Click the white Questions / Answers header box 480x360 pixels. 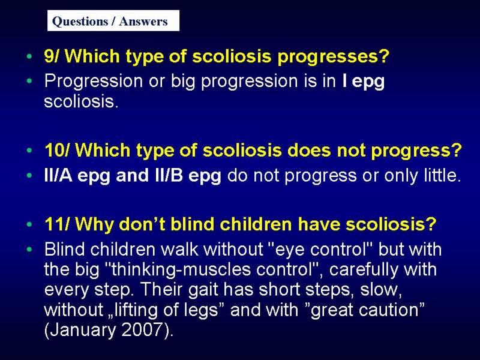tap(113, 20)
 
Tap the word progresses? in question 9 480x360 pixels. tap(333, 57)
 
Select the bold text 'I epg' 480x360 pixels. tap(364, 82)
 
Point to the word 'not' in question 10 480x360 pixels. tap(351, 151)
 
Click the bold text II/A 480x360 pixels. tap(58, 175)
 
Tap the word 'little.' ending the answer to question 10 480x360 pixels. tap(442, 175)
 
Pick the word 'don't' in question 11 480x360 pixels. tap(142, 224)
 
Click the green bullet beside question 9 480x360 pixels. tap(29, 56)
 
